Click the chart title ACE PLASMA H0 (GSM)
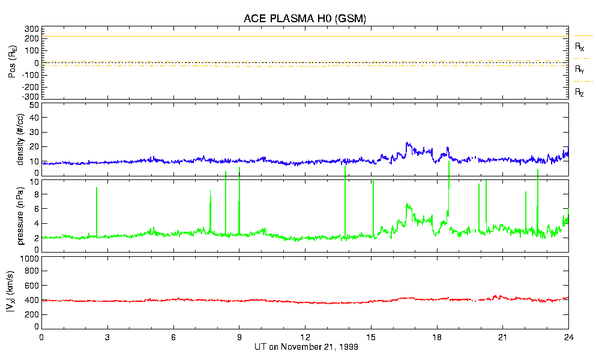(x=305, y=19)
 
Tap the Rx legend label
(x=579, y=46)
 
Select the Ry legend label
(x=579, y=70)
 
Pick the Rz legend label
(x=579, y=92)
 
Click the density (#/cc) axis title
(x=20, y=140)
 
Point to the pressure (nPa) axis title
(x=20, y=215)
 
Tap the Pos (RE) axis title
(x=20, y=63)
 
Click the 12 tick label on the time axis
(x=305, y=338)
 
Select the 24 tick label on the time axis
(x=568, y=338)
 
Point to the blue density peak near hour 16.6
(x=407, y=143)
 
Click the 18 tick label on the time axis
(x=437, y=338)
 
